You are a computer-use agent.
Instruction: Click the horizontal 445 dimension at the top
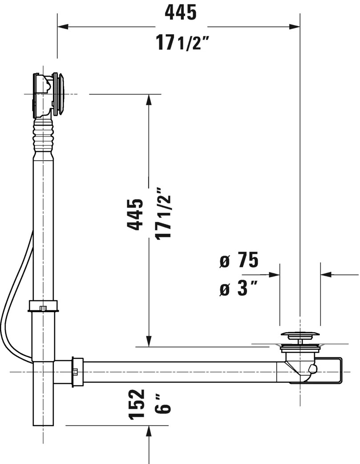coord(180,13)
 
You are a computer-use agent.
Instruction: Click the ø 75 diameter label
coord(239,261)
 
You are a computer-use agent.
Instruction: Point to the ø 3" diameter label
coord(239,289)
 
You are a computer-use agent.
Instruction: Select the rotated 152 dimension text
coord(136,404)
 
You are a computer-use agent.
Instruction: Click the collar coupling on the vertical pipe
coord(43,306)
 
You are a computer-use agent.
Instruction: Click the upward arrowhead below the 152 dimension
coord(149,431)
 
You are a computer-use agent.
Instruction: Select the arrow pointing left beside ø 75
coord(327,275)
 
